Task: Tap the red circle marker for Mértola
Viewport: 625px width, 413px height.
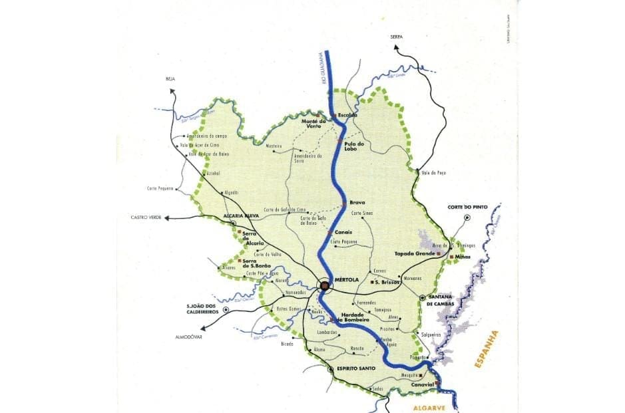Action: coord(325,286)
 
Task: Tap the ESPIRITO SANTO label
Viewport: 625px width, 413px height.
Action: coord(352,368)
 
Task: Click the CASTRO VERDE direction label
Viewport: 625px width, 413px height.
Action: coord(147,217)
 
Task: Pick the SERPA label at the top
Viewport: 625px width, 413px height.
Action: coord(397,37)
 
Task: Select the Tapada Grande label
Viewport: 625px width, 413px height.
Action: coord(413,253)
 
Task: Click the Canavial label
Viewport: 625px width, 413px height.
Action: coord(421,384)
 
